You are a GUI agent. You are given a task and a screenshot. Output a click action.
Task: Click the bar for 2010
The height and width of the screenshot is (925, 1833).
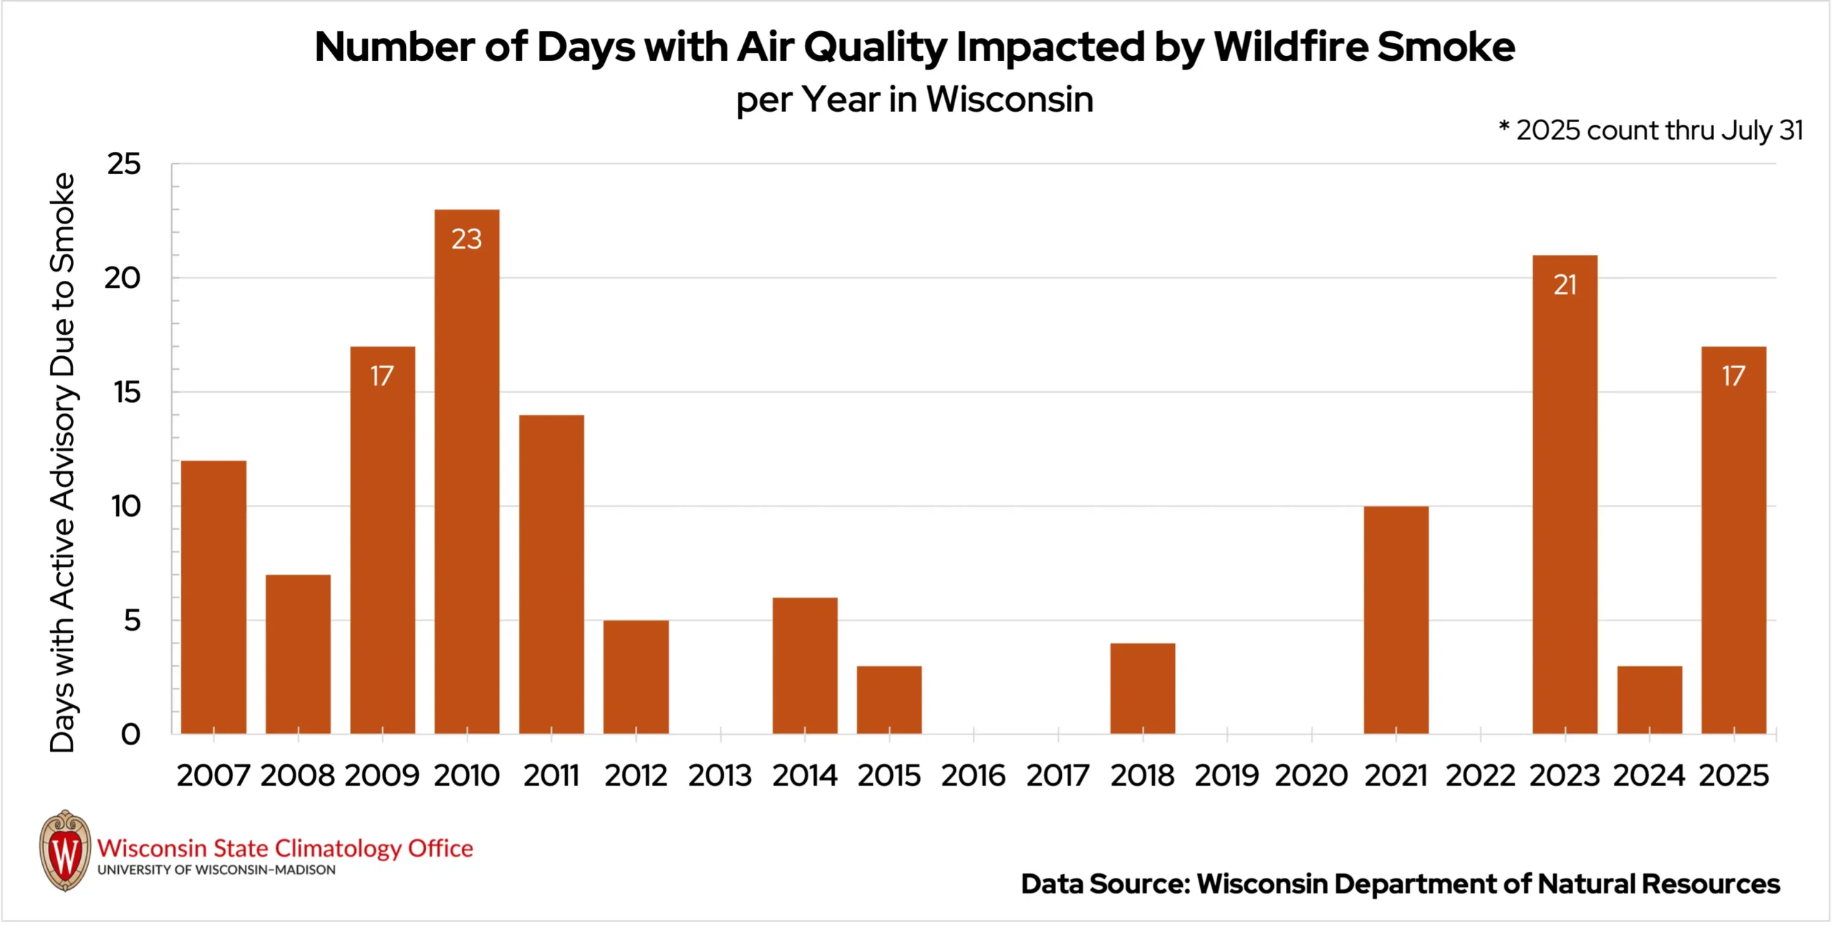click(467, 473)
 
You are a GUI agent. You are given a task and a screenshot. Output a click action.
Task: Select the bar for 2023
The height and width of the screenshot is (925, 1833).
click(1564, 494)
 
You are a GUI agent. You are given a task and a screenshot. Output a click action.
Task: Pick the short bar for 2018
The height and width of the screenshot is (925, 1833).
click(1142, 688)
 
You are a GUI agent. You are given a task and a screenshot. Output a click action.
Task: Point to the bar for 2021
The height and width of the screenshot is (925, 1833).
click(1396, 620)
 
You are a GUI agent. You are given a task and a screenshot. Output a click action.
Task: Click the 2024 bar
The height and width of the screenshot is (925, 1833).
click(1649, 699)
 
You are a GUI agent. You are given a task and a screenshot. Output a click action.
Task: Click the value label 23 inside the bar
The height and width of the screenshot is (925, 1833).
click(467, 239)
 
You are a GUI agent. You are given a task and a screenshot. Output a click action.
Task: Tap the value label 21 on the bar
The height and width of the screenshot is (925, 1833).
click(1564, 285)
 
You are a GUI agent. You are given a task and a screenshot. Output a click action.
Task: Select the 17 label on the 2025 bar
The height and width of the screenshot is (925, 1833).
click(1733, 376)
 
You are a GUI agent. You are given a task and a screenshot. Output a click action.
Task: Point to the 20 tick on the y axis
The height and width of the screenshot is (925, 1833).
click(122, 278)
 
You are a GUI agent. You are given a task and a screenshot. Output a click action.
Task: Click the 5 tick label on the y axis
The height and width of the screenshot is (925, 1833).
click(132, 620)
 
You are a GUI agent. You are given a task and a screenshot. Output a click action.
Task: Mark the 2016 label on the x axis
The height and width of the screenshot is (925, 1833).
click(973, 775)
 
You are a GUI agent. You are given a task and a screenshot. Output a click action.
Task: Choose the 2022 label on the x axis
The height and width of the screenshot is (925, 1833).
click(1480, 775)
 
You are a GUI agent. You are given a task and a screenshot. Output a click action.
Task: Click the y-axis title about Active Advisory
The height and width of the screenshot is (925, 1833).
click(62, 462)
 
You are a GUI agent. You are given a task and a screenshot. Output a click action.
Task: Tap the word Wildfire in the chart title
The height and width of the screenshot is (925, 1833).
click(1291, 47)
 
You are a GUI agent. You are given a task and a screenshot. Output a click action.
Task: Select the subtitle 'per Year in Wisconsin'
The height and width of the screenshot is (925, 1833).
click(915, 100)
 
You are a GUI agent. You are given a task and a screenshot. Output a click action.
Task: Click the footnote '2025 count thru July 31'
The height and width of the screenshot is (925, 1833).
click(1658, 130)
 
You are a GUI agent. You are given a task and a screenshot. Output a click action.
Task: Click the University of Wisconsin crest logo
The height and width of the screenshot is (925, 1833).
click(65, 850)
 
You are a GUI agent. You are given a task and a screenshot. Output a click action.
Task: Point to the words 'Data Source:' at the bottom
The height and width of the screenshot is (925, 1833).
click(1105, 884)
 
